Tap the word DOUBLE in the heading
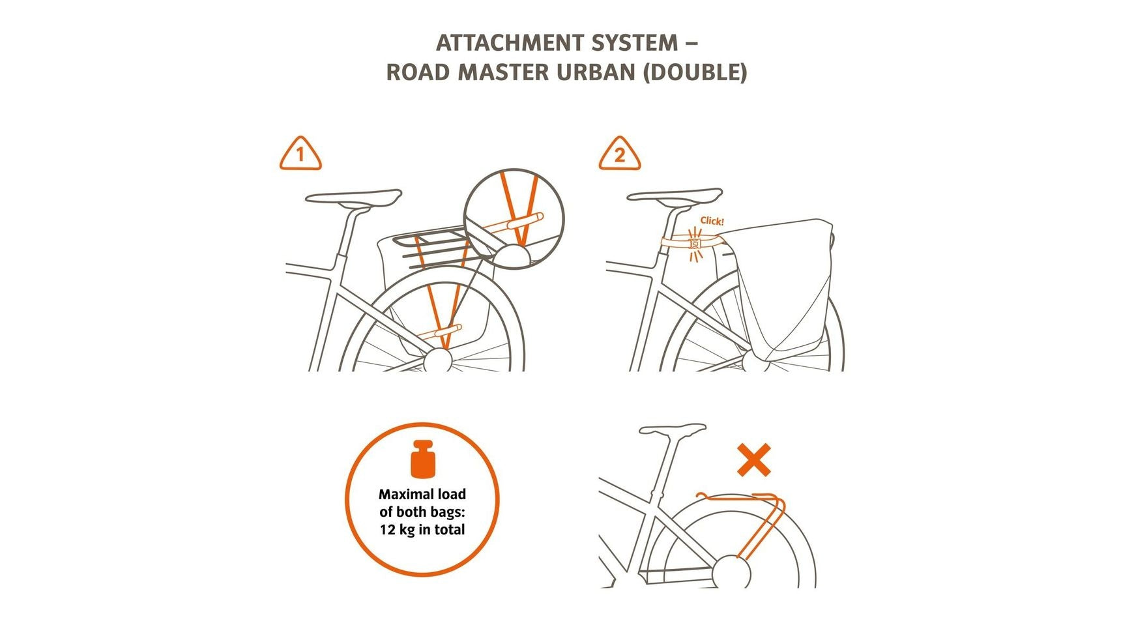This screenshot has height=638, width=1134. pyautogui.click(x=695, y=72)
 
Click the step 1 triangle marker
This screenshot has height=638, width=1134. pyautogui.click(x=300, y=154)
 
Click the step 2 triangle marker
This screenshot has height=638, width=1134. pyautogui.click(x=619, y=154)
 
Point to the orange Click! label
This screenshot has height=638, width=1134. pyautogui.click(x=712, y=221)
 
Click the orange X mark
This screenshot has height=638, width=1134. pyautogui.click(x=754, y=460)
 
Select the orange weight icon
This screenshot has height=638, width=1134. pyautogui.click(x=422, y=458)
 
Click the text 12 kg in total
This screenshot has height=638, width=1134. pyautogui.click(x=422, y=530)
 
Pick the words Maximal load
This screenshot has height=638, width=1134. pyautogui.click(x=422, y=494)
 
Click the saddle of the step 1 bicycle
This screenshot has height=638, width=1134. pyautogui.click(x=353, y=197)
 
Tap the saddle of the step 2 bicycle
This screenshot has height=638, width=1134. pyautogui.click(x=674, y=196)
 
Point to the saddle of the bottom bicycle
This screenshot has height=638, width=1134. pyautogui.click(x=673, y=430)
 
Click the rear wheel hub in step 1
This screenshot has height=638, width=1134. pyautogui.click(x=437, y=359)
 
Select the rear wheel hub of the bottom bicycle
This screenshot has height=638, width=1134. pyautogui.click(x=731, y=573)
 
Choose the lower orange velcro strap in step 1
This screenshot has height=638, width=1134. pyautogui.click(x=441, y=332)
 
